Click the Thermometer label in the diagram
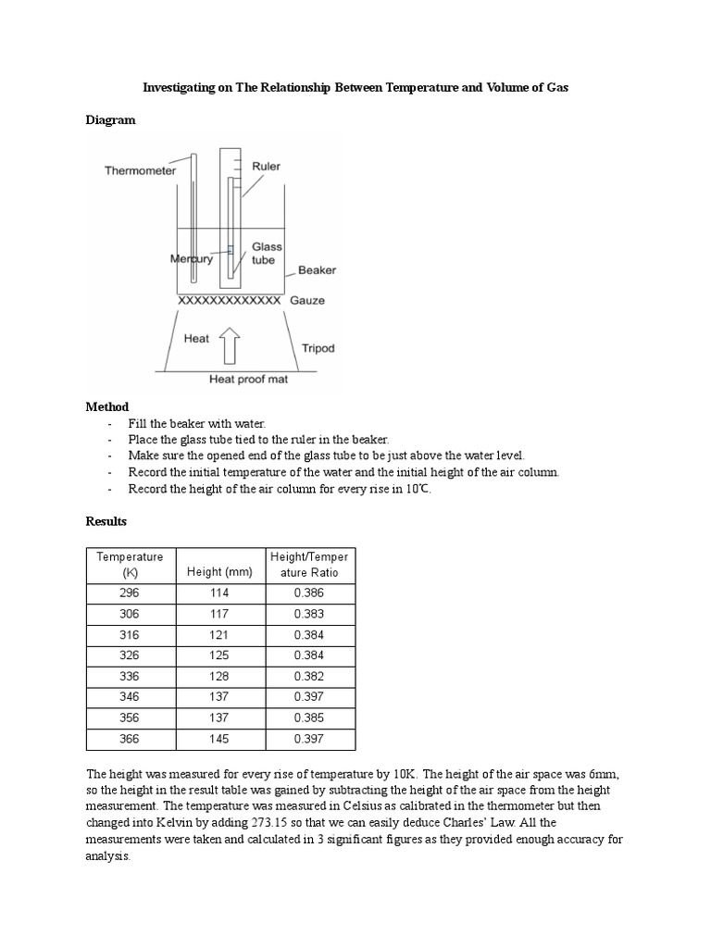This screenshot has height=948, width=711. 140,170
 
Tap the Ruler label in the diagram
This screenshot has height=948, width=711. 266,167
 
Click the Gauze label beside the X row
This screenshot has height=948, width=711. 307,302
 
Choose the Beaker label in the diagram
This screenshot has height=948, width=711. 317,271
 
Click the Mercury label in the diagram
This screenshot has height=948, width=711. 192,259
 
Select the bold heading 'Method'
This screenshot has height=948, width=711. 107,406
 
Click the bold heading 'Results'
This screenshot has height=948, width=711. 108,522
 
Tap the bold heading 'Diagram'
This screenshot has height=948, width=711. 110,119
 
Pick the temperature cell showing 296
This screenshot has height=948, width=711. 130,593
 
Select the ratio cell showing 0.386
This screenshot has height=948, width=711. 309,593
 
